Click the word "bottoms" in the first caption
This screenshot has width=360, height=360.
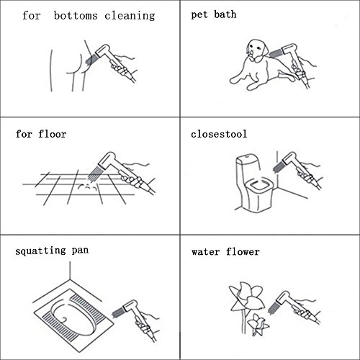(x=76, y=16)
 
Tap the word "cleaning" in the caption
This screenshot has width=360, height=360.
(x=130, y=16)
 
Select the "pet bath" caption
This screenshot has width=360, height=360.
(x=214, y=14)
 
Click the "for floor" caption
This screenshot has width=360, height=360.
(x=41, y=134)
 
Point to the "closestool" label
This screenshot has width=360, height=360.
(x=219, y=134)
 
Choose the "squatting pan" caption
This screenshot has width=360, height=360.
(x=52, y=251)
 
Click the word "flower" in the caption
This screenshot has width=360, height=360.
(x=243, y=252)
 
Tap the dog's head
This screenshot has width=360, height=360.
(x=258, y=50)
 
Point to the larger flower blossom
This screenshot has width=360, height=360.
(x=246, y=297)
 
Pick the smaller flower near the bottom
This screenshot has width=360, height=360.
(x=258, y=324)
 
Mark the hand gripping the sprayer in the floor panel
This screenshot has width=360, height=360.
(x=132, y=179)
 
